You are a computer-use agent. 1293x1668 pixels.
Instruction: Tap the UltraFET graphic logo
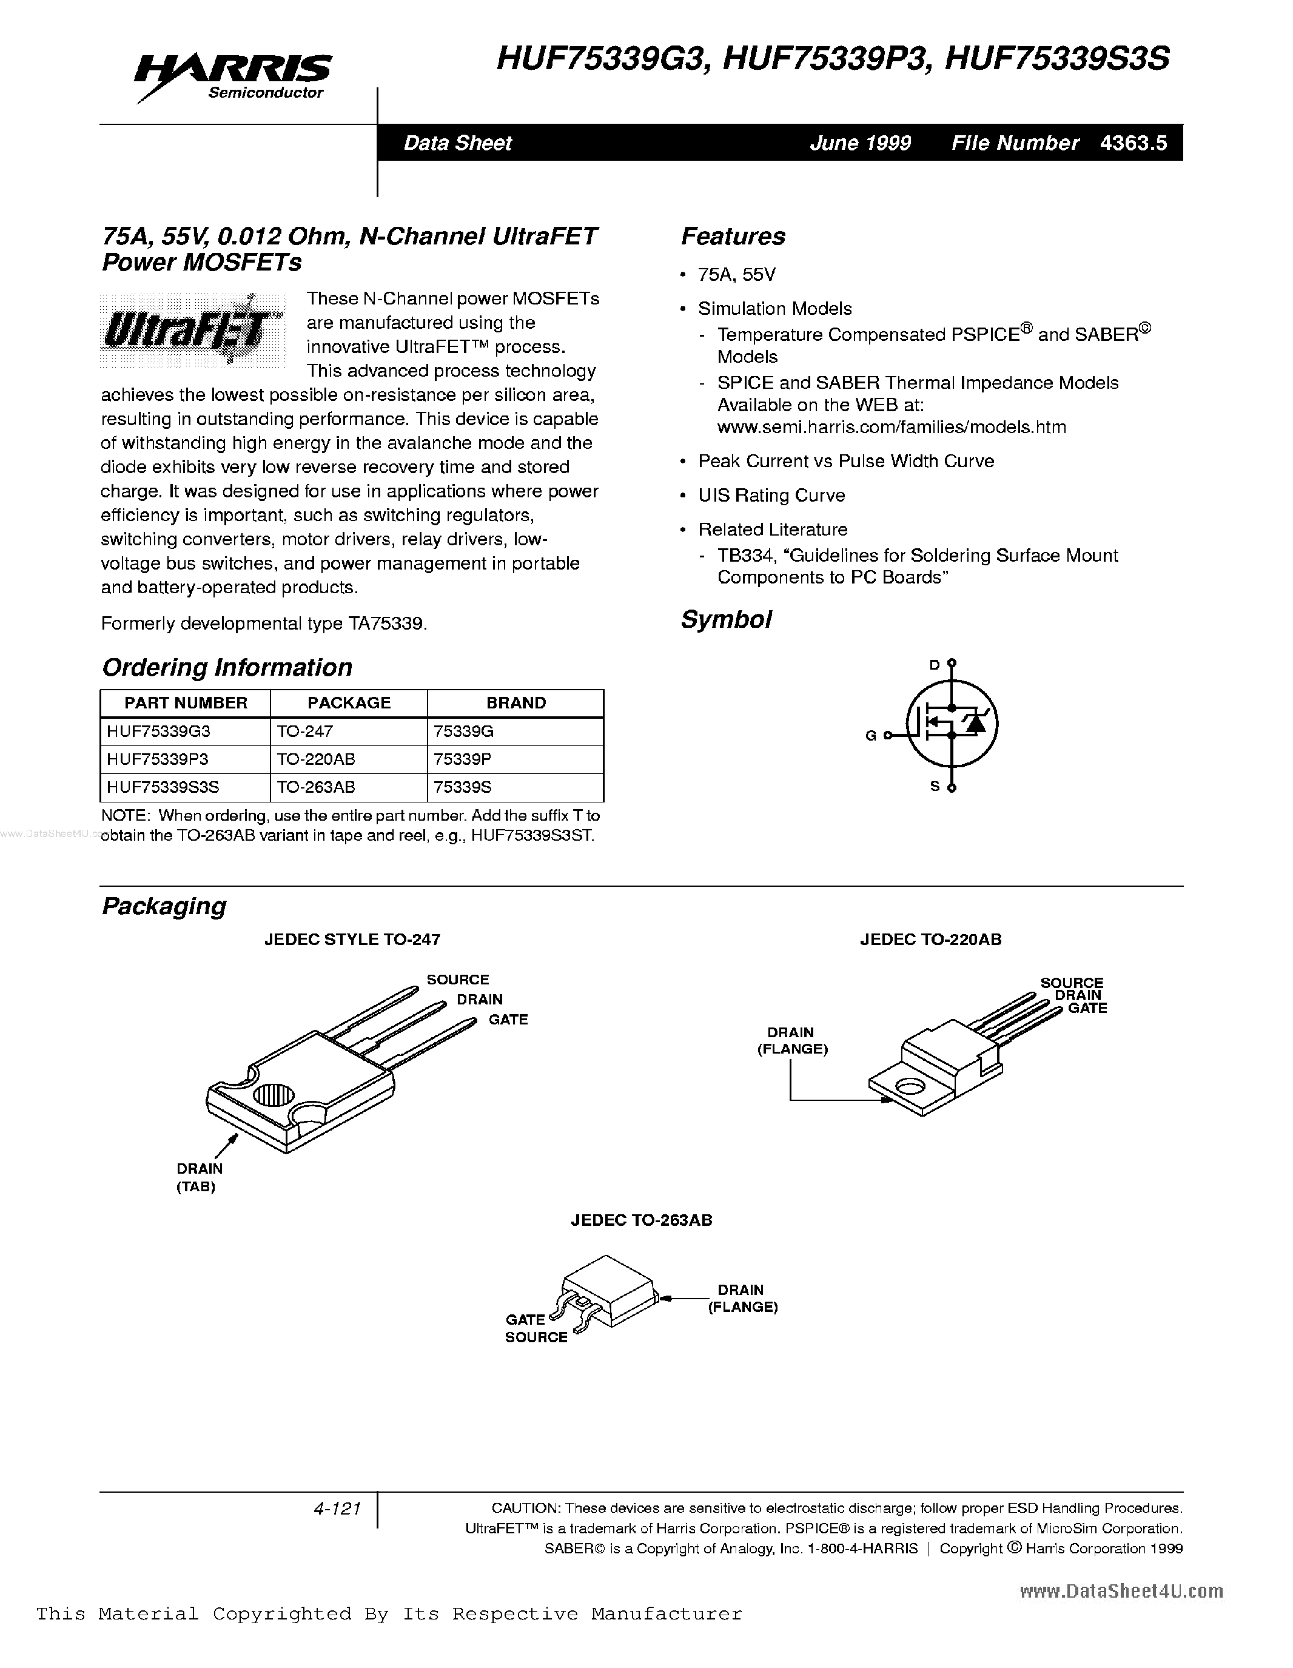pyautogui.click(x=192, y=330)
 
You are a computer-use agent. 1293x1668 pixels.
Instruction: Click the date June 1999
pyautogui.click(x=860, y=143)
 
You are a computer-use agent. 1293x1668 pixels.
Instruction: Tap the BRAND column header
pyautogui.click(x=516, y=702)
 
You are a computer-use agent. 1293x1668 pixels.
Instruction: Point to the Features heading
pyautogui.click(x=733, y=237)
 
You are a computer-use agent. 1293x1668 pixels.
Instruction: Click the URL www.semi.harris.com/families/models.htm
pyautogui.click(x=892, y=427)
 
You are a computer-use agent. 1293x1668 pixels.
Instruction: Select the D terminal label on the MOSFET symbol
pyautogui.click(x=934, y=665)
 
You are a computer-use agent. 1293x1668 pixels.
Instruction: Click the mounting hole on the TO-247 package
pyautogui.click(x=274, y=1096)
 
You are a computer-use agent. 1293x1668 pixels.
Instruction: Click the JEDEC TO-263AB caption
pyautogui.click(x=642, y=1220)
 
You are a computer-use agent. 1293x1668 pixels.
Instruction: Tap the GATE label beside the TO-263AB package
pyautogui.click(x=525, y=1319)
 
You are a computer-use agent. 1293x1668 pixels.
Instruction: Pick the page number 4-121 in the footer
pyautogui.click(x=337, y=1508)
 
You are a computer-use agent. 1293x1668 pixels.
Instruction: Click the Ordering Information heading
pyautogui.click(x=227, y=668)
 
